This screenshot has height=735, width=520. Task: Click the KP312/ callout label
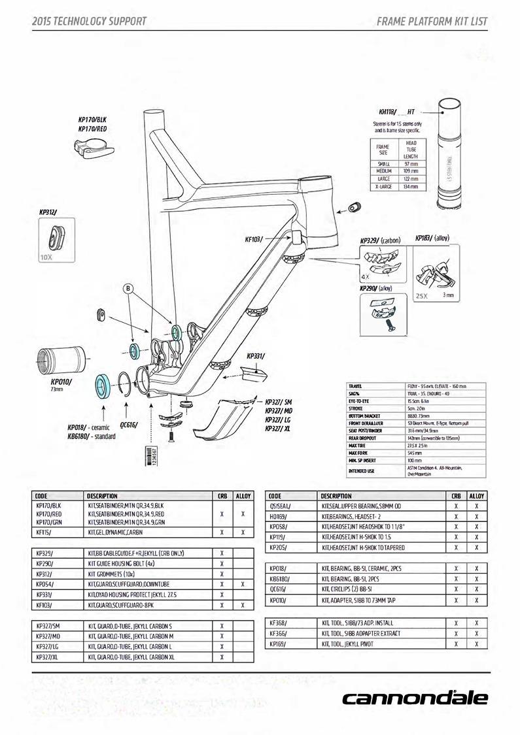tap(48, 212)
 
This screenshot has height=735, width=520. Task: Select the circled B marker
tap(129, 288)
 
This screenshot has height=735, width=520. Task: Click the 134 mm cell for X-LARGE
tap(411, 186)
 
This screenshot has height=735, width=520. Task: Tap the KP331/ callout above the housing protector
tap(256, 356)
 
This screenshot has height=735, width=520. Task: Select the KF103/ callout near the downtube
tap(254, 240)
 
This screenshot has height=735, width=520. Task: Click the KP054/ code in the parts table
tap(45, 584)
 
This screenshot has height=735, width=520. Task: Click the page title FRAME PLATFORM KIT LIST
tap(432, 21)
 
